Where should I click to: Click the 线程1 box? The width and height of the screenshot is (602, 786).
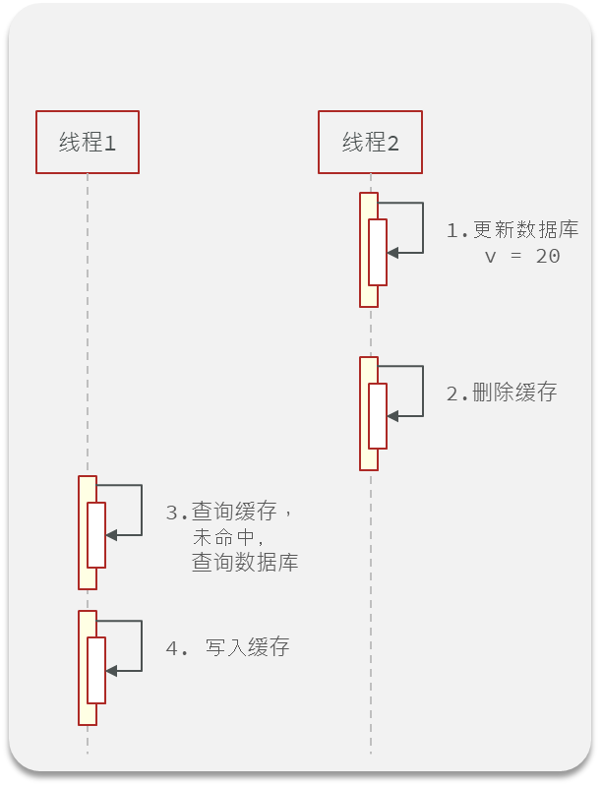point(87,143)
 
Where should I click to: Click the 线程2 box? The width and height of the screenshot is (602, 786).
point(370,143)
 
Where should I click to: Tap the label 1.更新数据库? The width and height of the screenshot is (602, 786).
point(512,231)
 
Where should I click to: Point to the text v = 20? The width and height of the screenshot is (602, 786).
point(522,257)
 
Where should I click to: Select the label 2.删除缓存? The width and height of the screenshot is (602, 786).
point(502,393)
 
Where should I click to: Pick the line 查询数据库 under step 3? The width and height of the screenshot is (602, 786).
point(245,564)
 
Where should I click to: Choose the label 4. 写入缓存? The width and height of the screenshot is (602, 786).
point(228,648)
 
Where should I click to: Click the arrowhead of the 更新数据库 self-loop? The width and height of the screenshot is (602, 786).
point(392,253)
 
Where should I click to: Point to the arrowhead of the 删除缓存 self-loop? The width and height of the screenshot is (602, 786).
point(392,416)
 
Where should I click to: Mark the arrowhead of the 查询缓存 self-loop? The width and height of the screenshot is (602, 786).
point(111,534)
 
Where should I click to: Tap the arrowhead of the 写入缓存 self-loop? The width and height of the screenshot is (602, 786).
point(111,670)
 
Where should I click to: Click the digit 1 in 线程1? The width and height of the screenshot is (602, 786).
point(110,144)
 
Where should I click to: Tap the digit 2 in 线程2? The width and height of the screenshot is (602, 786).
point(393,144)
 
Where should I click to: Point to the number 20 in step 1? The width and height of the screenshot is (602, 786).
point(548,257)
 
